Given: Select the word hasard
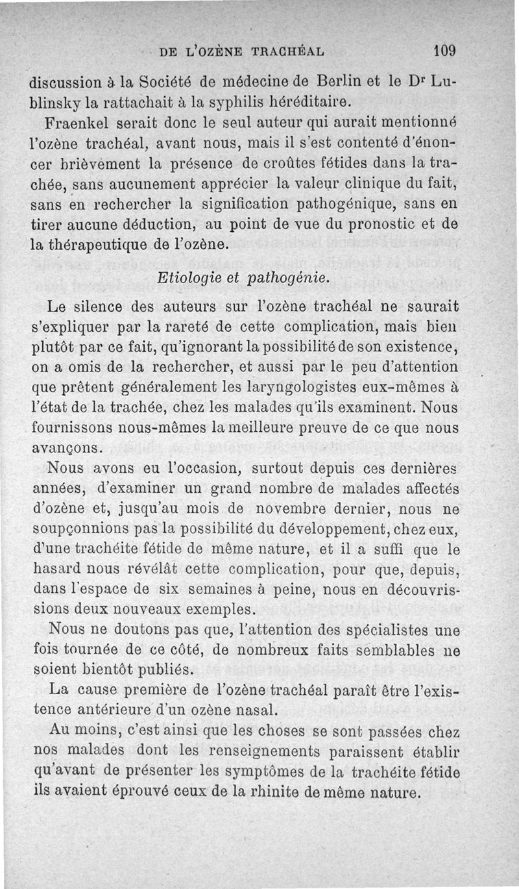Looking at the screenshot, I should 58,570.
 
